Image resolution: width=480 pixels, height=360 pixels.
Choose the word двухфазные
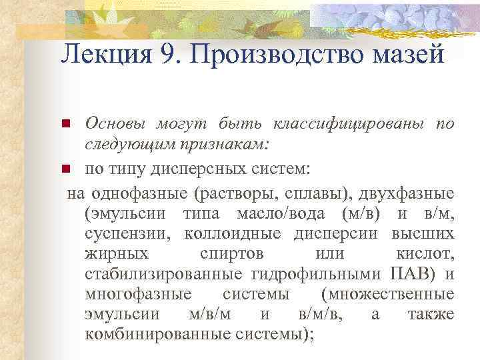click(x=407, y=194)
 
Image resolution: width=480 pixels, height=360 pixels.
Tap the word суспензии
click(x=126, y=235)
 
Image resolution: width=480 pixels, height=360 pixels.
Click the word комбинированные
click(x=157, y=335)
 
